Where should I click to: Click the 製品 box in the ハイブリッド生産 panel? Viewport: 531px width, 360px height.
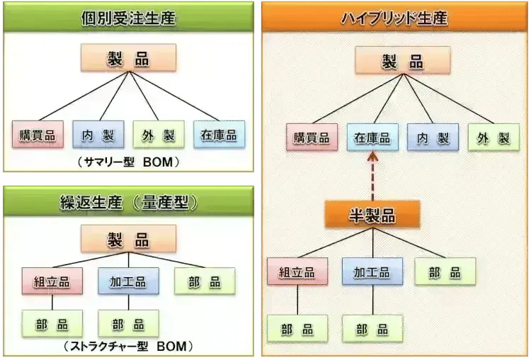tap(402, 61)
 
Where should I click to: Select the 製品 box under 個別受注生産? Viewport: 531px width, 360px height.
tap(128, 58)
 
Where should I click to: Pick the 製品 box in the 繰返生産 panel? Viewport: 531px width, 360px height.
tap(128, 239)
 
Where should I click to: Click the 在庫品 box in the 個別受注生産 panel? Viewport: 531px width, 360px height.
tap(219, 135)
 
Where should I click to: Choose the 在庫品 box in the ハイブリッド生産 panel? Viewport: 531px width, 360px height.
tap(372, 137)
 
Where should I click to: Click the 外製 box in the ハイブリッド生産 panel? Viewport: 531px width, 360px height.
tap(493, 137)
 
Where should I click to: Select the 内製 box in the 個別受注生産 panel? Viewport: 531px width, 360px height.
tap(98, 135)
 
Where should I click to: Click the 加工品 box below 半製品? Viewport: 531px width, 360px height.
tap(372, 271)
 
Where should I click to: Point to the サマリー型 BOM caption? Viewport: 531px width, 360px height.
tap(128, 162)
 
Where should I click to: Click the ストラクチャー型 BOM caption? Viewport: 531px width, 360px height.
tap(128, 347)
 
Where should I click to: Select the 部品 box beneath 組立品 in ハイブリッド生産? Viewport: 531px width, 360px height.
tap(297, 330)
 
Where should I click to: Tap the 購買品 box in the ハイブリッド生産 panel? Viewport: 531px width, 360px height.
tap(312, 137)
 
